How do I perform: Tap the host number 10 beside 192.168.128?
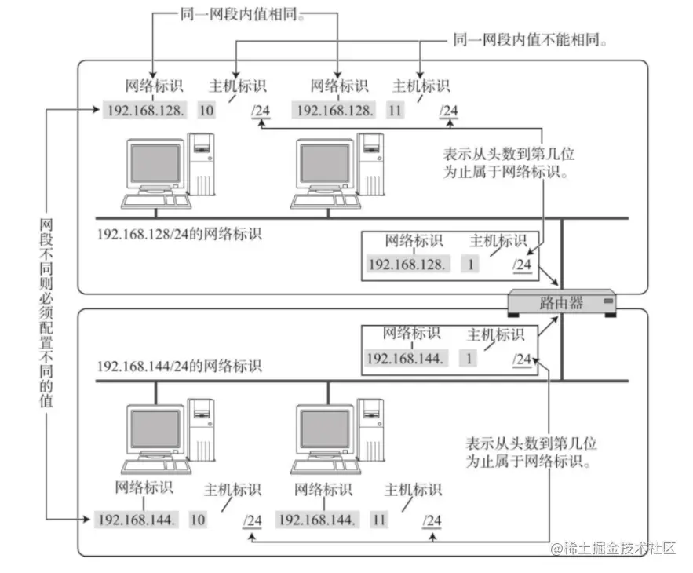pyautogui.click(x=206, y=111)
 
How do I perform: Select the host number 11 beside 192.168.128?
pyautogui.click(x=395, y=111)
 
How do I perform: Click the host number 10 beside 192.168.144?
pyautogui.click(x=198, y=519)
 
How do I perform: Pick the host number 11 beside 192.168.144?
pyautogui.click(x=380, y=519)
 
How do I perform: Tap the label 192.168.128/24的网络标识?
pyautogui.click(x=180, y=234)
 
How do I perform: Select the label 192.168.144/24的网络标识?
pyautogui.click(x=180, y=367)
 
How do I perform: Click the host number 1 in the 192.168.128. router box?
pyautogui.click(x=472, y=265)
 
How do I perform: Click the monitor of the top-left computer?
pyautogui.click(x=155, y=167)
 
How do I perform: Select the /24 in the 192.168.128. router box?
pyautogui.click(x=522, y=265)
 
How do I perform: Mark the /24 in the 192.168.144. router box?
pyautogui.click(x=522, y=359)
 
